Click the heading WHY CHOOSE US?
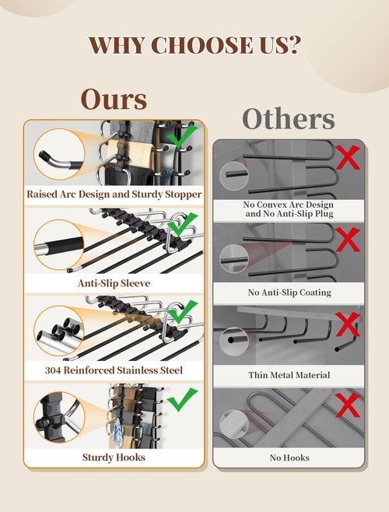click(194, 45)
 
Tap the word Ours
click(114, 99)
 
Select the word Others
click(289, 118)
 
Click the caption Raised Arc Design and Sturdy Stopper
click(114, 195)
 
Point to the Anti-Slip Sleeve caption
click(114, 283)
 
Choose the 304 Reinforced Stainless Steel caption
click(114, 370)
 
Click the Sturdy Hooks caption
click(114, 458)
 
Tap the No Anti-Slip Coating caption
click(289, 293)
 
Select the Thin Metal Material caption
click(289, 375)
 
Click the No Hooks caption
click(289, 458)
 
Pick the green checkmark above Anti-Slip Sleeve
click(182, 224)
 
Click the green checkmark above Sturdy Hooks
click(182, 400)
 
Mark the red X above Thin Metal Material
click(348, 324)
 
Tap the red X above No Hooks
click(348, 405)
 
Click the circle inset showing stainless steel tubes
click(59, 331)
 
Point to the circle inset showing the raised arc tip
click(59, 154)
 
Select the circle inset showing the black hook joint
click(59, 417)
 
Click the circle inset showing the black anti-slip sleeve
click(59, 244)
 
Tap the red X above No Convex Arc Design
click(348, 157)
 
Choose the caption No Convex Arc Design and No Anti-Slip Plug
click(289, 209)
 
